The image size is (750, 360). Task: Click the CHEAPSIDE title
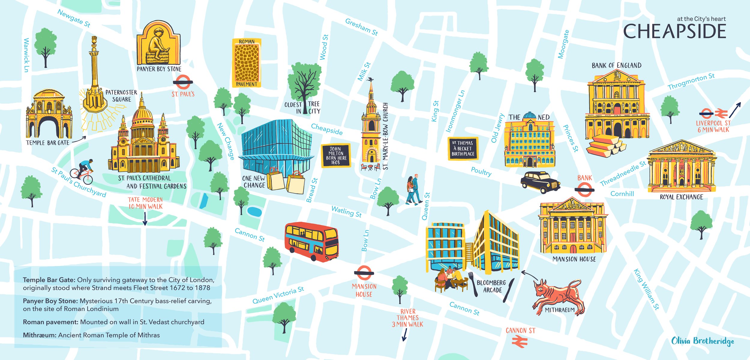coord(674,31)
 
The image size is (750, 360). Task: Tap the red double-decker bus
coord(311,241)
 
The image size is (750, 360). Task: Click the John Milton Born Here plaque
coord(336,156)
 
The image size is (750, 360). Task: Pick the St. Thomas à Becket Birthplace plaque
coord(463,149)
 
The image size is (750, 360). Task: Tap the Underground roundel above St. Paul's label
coord(183,82)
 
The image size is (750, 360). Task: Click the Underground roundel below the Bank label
coord(584,190)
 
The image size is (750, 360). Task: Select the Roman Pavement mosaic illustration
coord(247,63)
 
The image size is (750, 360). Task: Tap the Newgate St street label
coord(74,18)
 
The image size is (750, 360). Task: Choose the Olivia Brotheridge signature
coord(702,341)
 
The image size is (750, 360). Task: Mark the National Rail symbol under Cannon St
coord(520,342)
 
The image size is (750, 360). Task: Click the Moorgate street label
coord(563,44)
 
